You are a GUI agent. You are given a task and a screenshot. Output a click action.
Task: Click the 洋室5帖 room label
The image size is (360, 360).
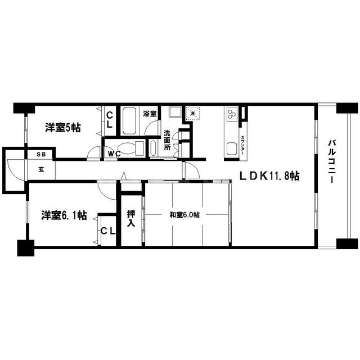coord(63,128)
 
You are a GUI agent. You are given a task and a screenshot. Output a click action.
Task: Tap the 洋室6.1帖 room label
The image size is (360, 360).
coord(64,215)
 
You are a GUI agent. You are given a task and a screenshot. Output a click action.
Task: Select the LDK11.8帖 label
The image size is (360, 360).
coord(269,176)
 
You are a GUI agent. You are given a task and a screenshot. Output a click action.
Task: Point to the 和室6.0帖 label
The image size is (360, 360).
coord(184,215)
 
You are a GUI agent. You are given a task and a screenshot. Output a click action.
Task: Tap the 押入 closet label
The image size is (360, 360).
coord(131,218)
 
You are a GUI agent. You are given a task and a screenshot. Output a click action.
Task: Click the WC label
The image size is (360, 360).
coord(114,154)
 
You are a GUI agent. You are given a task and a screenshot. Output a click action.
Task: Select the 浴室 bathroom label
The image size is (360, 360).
coord(150,114)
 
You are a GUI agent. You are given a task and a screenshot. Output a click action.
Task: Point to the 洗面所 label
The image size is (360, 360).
coord(167,140)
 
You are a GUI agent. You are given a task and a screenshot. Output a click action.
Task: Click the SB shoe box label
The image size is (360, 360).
coord(41,155)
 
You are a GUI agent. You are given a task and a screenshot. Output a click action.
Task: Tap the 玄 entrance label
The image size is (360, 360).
coord(41,170)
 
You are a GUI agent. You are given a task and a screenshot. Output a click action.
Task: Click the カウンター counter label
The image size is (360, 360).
coord(242,145)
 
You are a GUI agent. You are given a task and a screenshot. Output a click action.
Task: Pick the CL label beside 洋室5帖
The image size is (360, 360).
coord(110,120)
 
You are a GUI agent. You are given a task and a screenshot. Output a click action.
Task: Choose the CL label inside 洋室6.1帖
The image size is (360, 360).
coord(108,231)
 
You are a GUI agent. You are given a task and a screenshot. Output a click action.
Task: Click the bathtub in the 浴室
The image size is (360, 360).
coord(129,121)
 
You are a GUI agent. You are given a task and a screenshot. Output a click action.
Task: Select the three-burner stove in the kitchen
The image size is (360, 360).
coord(231,114)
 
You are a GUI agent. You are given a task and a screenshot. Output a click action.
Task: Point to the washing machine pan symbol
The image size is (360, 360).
coord(193,113)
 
